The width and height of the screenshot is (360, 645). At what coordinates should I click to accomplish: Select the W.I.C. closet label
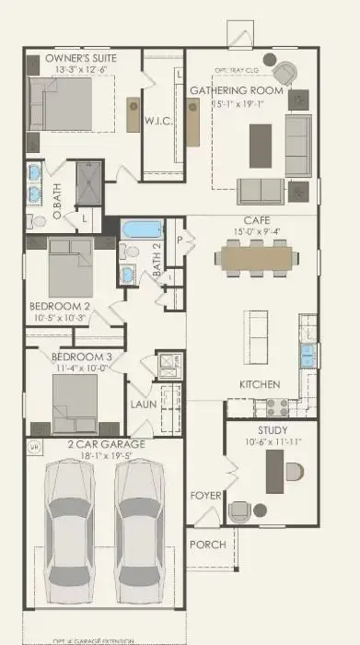[154, 120]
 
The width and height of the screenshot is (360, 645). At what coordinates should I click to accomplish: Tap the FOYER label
[206, 496]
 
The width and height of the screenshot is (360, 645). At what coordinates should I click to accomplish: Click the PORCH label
[208, 544]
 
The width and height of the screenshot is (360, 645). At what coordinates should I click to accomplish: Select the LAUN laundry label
[142, 404]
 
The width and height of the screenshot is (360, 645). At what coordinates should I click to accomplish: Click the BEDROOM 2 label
[59, 306]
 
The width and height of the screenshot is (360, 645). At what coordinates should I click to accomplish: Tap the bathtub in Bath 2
[143, 229]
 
